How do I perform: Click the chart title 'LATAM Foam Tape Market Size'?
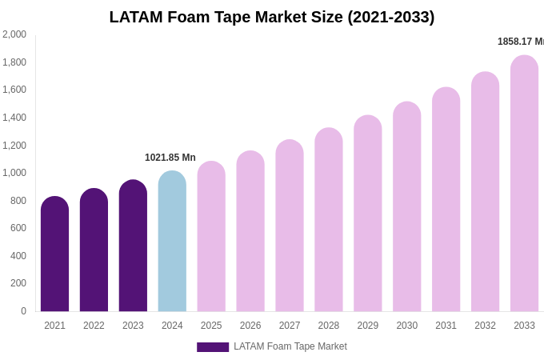pos(272,17)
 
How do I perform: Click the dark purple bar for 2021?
pos(54,254)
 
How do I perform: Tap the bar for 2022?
pos(94,250)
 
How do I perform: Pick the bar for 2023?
pos(133,246)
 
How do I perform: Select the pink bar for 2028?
pos(328,219)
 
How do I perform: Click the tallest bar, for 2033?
pos(524,183)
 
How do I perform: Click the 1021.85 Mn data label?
pos(170,158)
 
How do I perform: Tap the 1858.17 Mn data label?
pos(521,42)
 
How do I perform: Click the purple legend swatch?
pos(213,347)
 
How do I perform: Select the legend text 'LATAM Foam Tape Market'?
pos(290,346)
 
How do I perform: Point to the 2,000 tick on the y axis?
pos(14,34)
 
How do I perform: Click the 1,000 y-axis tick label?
pos(14,173)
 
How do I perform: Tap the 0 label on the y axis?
pos(23,311)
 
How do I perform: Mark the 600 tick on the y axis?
pos(18,228)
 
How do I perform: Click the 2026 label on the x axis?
pos(250,326)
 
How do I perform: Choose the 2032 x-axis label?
pos(485,326)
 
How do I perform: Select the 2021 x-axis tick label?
pos(54,326)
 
